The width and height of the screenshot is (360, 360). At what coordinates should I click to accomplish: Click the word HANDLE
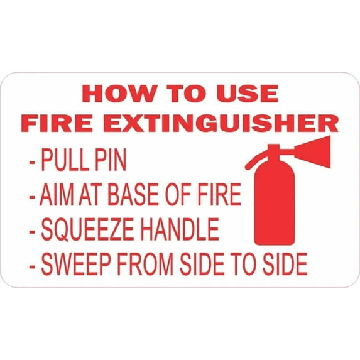click(x=182, y=230)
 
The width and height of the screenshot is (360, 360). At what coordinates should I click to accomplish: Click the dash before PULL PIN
click(x=32, y=162)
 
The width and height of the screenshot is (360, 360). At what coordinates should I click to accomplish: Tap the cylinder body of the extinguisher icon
click(x=274, y=204)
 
